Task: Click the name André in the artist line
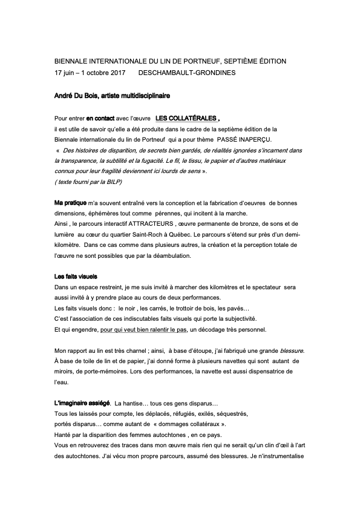[x=64, y=96]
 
